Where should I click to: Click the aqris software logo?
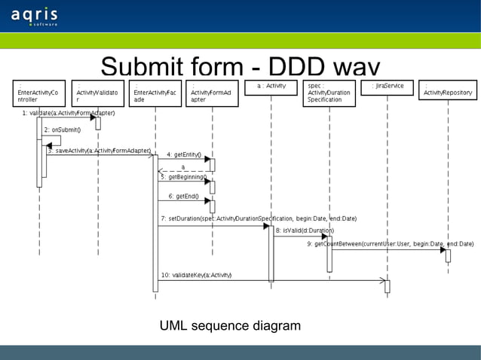[35, 17]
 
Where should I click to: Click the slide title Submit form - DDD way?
[240, 66]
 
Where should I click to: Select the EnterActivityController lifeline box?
[39, 93]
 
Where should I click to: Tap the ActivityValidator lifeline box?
[98, 93]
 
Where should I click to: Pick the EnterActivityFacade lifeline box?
[155, 93]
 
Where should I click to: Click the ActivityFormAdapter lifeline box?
[212, 93]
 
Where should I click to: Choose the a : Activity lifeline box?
[271, 87]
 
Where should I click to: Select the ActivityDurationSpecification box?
[329, 93]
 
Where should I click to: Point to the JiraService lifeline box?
[388, 87]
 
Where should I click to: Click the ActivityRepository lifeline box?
[448, 90]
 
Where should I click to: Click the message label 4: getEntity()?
[183, 154]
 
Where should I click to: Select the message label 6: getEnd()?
[183, 196]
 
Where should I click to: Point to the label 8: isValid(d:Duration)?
[305, 230]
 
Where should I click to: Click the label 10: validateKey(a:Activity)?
[196, 275]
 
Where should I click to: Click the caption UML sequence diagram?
[230, 326]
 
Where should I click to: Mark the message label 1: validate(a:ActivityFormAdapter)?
[68, 113]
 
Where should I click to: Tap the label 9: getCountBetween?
[391, 244]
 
